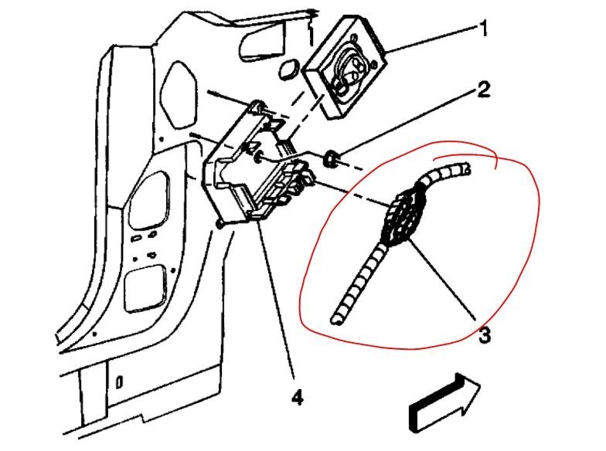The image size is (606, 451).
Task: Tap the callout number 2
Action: click(x=482, y=90)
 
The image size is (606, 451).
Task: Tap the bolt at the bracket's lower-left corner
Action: click(x=221, y=225)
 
